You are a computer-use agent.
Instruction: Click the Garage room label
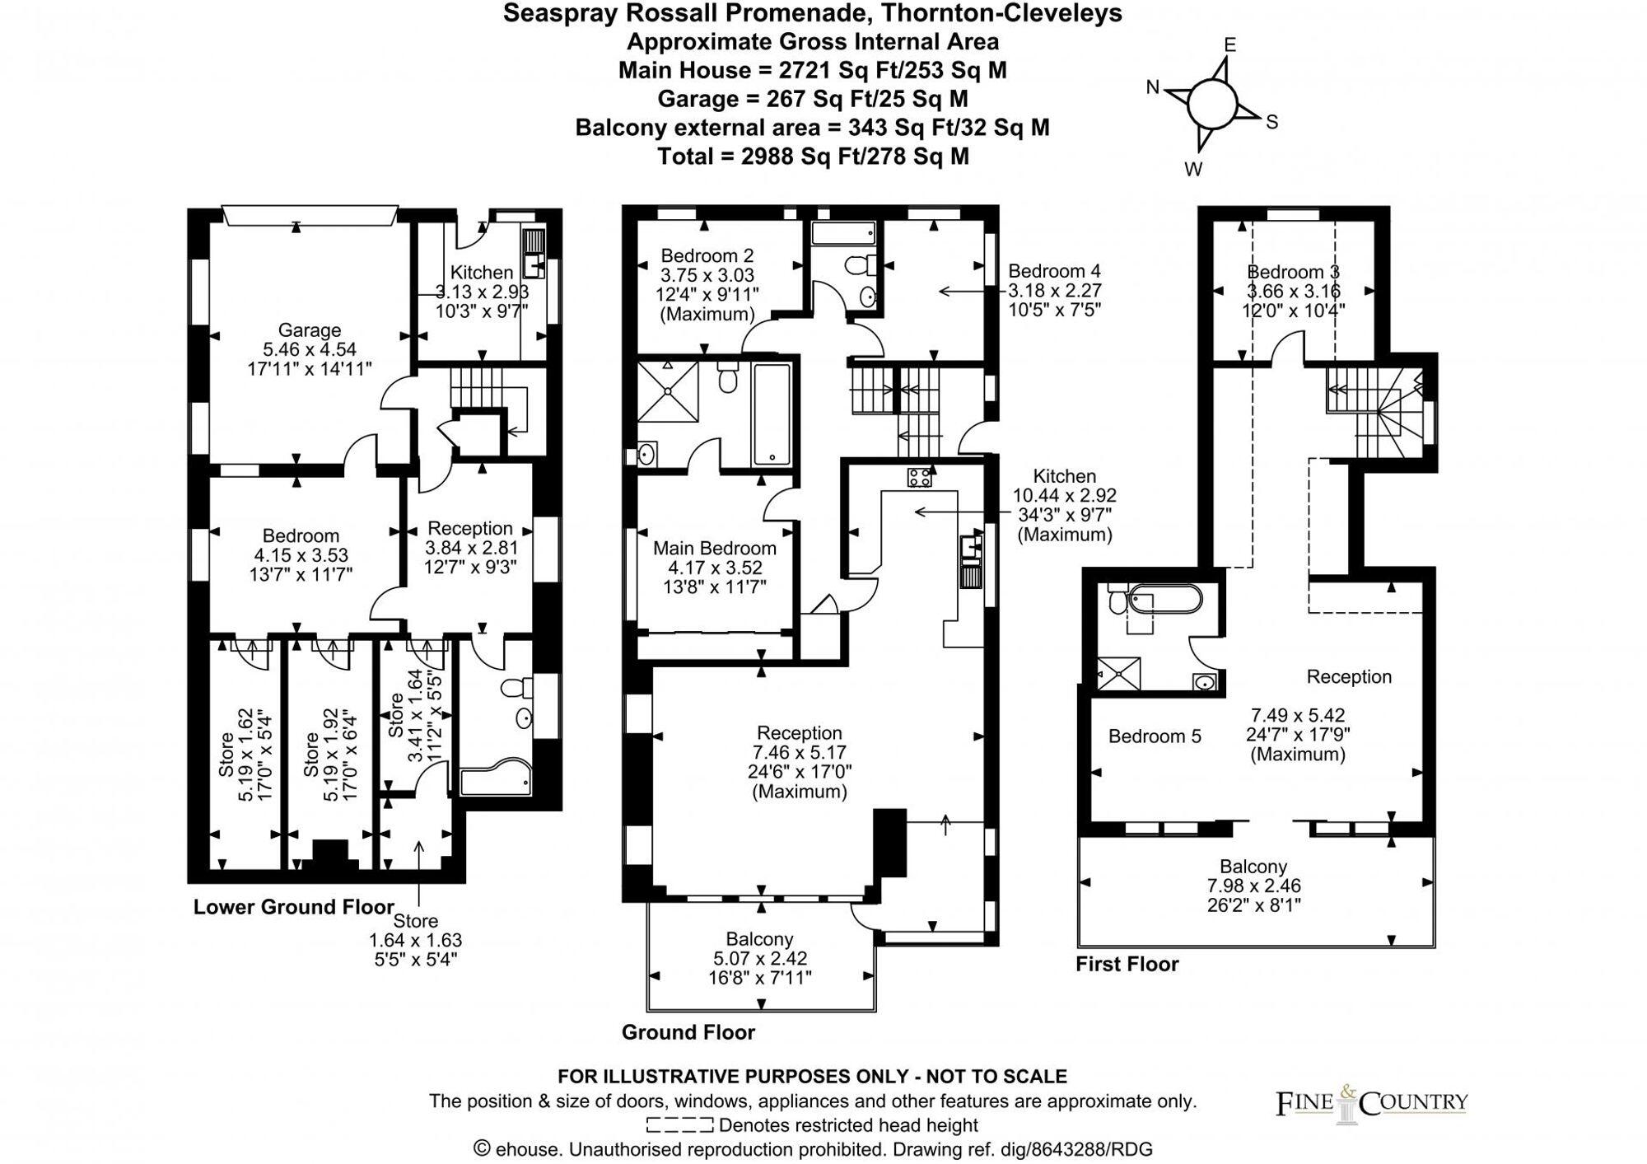[x=309, y=330]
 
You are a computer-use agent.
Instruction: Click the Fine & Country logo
[x=1371, y=1102]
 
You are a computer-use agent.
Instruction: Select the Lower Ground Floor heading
[x=293, y=907]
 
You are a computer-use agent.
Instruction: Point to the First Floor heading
[x=1127, y=964]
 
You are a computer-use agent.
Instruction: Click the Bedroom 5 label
[x=1154, y=736]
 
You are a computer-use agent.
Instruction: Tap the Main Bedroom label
[x=714, y=549]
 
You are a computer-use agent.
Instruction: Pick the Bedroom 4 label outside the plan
[x=1053, y=271]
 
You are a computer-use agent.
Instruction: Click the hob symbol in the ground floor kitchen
[x=919, y=476]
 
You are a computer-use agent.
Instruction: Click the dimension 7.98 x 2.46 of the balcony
[x=1253, y=886]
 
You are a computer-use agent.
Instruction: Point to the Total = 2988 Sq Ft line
[x=813, y=157]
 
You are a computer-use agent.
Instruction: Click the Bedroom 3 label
[x=1292, y=272]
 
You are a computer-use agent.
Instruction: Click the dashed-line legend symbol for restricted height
[x=679, y=1125]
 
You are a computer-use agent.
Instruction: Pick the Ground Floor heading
[x=688, y=1032]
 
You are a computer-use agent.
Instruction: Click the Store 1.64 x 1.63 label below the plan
[x=415, y=940]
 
